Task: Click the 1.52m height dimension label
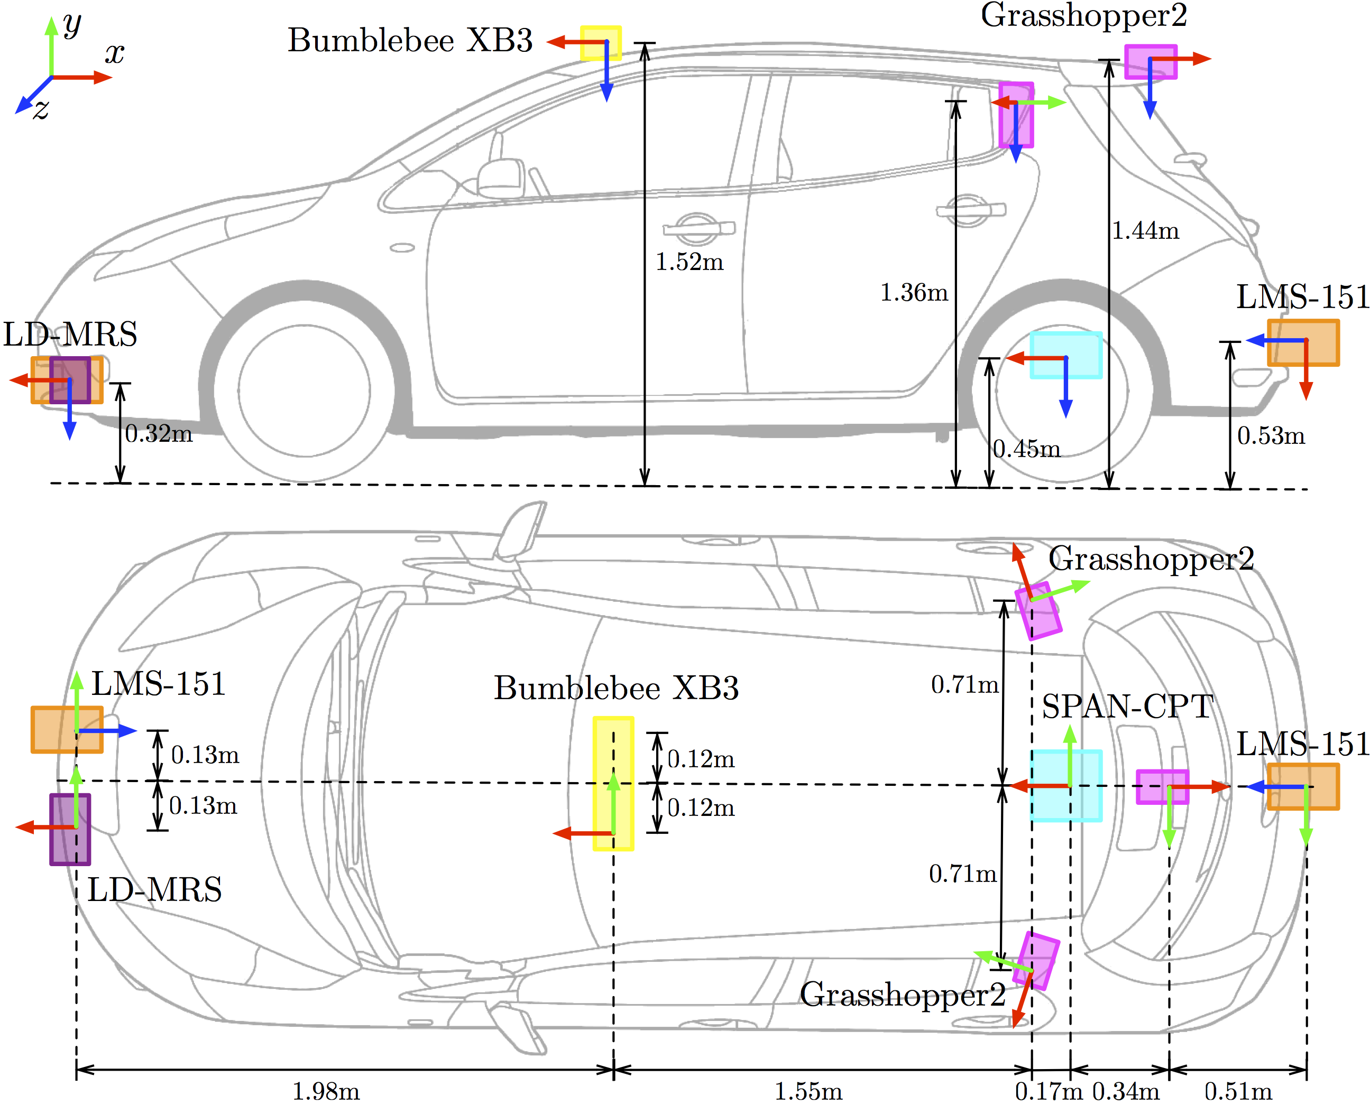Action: point(690,262)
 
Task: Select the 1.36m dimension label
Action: point(914,293)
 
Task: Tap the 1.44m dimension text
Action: point(1145,230)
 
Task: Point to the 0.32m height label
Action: point(159,433)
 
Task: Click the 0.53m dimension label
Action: point(1271,436)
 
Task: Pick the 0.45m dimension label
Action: point(1027,449)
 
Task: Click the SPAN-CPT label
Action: point(1127,707)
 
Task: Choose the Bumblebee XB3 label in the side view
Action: point(410,41)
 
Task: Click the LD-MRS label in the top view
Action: point(154,889)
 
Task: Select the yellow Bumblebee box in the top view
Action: point(613,783)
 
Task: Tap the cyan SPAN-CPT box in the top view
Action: point(1066,785)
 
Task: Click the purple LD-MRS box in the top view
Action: point(70,829)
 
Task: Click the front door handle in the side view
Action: point(698,228)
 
